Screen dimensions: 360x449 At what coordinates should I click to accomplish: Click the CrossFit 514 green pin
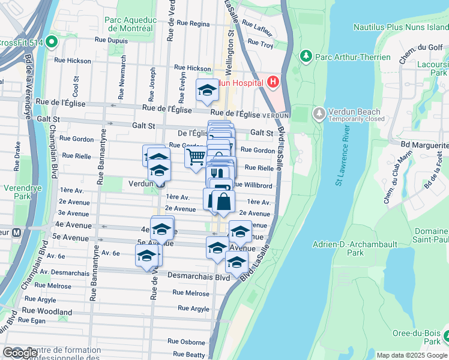(x=51, y=42)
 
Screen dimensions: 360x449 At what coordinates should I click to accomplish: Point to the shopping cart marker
(x=196, y=157)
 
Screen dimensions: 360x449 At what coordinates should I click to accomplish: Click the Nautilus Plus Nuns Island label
(x=400, y=27)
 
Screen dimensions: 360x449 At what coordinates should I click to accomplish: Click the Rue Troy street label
(x=261, y=44)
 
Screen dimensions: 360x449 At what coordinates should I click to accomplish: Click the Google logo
(x=20, y=353)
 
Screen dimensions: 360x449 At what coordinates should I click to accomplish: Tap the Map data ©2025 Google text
(x=412, y=355)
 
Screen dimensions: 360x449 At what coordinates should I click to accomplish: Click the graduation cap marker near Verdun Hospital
(x=207, y=91)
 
